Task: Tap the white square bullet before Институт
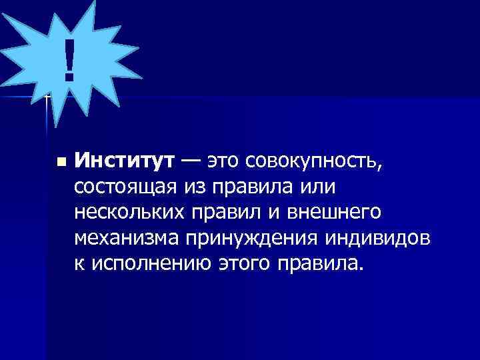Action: tap(61, 162)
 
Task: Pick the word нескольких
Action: tap(133, 213)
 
